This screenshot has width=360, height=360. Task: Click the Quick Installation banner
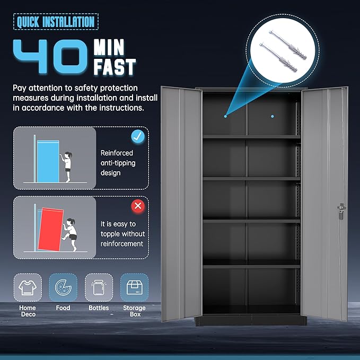(x=56, y=22)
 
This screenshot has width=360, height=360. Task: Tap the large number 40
(x=50, y=57)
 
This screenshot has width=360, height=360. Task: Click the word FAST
(x=115, y=67)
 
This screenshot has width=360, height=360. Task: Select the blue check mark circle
(x=138, y=136)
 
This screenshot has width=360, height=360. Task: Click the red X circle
(x=138, y=206)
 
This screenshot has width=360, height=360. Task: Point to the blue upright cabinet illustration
(x=48, y=161)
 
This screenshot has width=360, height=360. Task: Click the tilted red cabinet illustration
(x=50, y=230)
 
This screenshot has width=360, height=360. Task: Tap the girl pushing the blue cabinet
(x=67, y=166)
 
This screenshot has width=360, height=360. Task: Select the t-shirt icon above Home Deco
(x=28, y=287)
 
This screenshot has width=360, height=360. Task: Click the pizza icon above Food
(x=63, y=287)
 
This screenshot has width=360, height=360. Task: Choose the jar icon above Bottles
(x=99, y=287)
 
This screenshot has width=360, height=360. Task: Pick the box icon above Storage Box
(x=134, y=287)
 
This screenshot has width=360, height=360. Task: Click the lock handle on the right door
(x=341, y=211)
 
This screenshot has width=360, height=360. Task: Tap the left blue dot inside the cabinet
(x=225, y=117)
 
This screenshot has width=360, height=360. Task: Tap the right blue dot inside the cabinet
(x=273, y=117)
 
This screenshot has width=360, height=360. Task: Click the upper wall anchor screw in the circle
(x=288, y=45)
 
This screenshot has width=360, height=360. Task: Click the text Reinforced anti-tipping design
(x=118, y=163)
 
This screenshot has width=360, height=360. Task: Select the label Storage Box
(x=135, y=311)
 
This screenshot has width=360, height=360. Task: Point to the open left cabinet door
(x=181, y=204)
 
